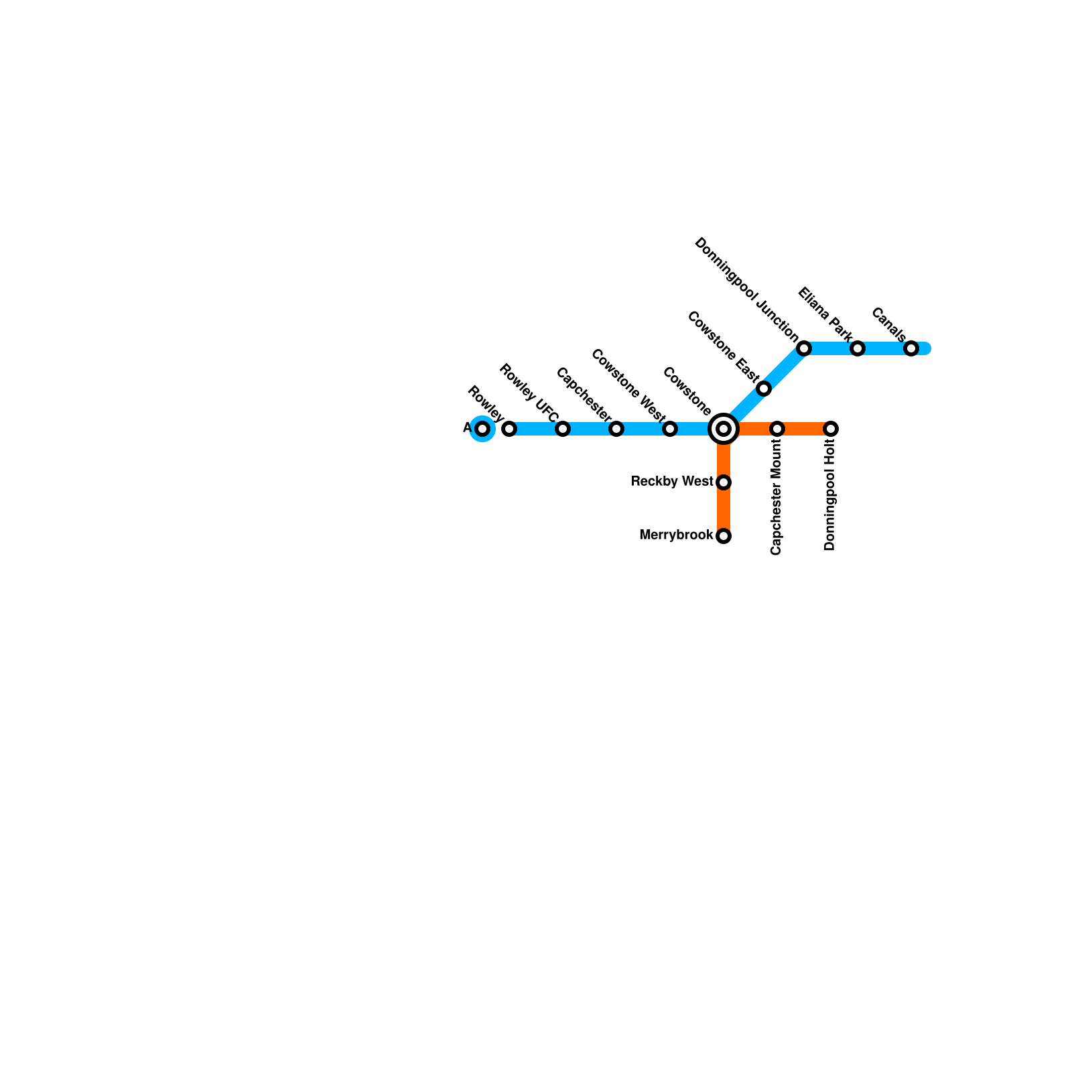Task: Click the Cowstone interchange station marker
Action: point(724,429)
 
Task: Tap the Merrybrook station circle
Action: point(724,536)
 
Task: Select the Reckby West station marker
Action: point(724,482)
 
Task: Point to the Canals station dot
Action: point(911,348)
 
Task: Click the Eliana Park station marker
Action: point(858,348)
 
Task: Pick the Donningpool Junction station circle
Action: point(804,348)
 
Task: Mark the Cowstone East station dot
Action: point(764,389)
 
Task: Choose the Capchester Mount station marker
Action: point(777,429)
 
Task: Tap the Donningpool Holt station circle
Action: point(831,429)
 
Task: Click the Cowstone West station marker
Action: point(670,429)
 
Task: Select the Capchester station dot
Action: point(616,429)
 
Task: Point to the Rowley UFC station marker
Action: point(563,429)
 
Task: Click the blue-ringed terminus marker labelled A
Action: point(482,429)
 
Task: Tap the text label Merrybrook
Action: point(676,535)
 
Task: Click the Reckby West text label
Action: point(672,482)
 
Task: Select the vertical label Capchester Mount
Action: point(777,497)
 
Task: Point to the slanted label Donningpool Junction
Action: point(746,289)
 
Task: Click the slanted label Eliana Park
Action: point(825,314)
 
